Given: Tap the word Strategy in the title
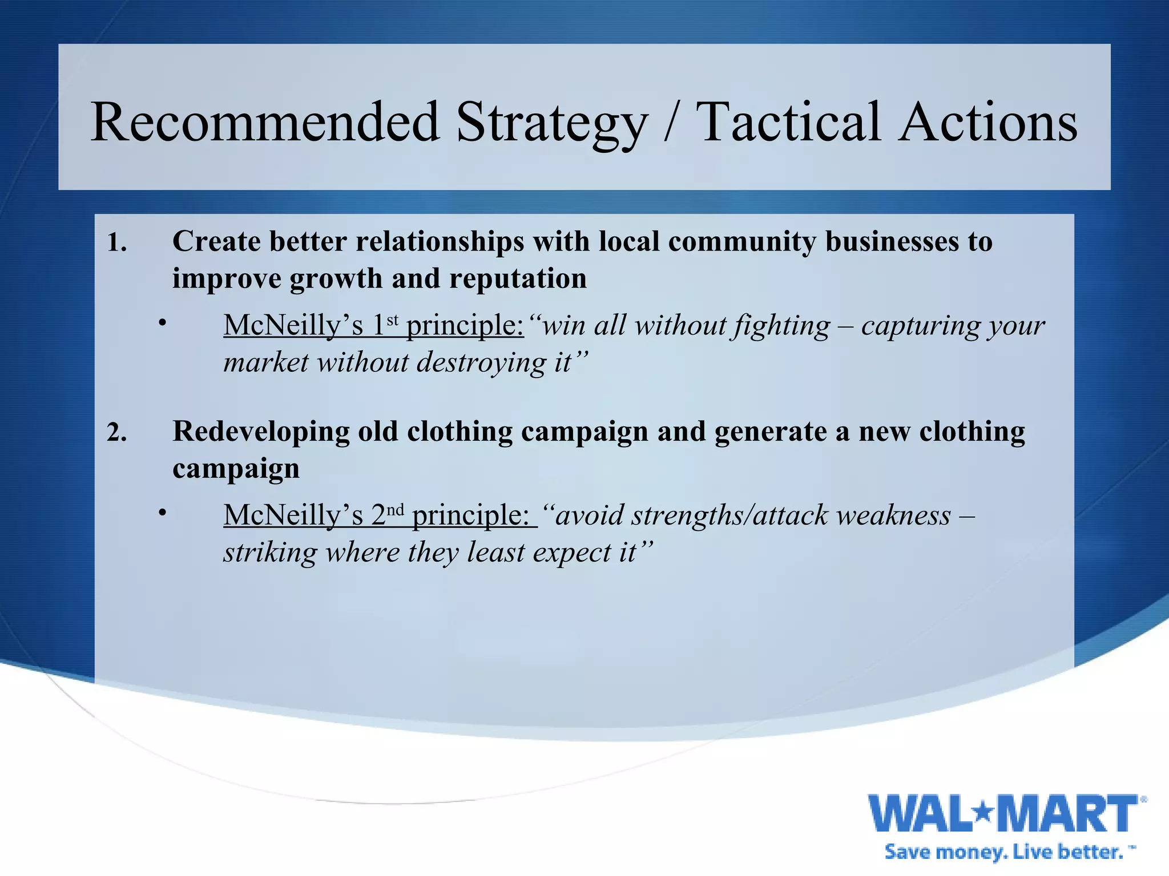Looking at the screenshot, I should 552,123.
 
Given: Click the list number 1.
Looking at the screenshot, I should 116,243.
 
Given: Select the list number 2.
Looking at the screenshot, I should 116,433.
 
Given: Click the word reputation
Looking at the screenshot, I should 518,278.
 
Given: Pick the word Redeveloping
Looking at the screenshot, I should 261,432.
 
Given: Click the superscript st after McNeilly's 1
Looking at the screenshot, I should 392,320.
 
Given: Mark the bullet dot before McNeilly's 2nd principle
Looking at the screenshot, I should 163,513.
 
